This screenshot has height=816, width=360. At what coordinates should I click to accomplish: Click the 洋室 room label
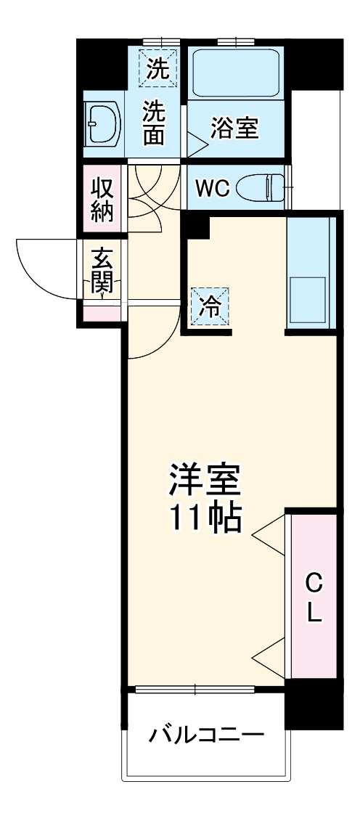[x=205, y=480]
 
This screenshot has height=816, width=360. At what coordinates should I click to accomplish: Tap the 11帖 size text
[x=205, y=517]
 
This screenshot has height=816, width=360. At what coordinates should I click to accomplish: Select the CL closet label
[x=313, y=597]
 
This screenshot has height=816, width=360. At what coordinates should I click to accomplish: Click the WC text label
[x=212, y=187]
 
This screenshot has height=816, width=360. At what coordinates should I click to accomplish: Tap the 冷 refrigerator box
[x=210, y=308]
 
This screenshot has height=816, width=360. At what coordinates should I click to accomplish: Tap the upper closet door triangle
[x=270, y=535]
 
